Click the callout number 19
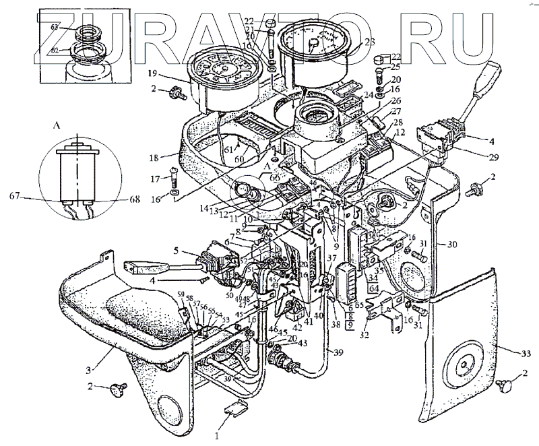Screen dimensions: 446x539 tap(153, 74)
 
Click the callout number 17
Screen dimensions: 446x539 tap(156, 179)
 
